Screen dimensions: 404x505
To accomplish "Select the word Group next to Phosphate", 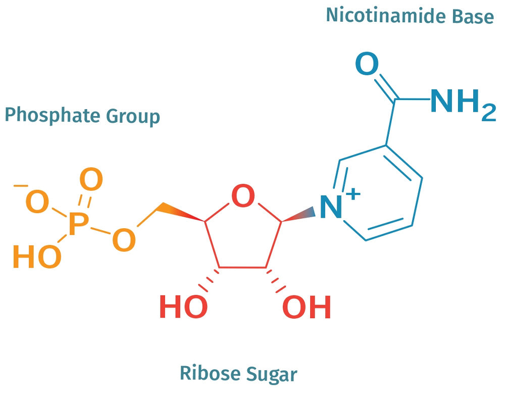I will pos(133,117).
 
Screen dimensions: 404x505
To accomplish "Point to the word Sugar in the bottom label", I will pos(272,375).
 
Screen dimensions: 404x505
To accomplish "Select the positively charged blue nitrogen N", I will pos(331,207).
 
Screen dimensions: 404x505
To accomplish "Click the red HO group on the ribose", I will pos(183,307).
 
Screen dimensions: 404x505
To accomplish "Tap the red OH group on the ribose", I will pos(307,307).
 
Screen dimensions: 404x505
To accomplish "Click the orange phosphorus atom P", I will pos(76,225).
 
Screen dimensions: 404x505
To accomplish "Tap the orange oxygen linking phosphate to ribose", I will pos(124,239).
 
